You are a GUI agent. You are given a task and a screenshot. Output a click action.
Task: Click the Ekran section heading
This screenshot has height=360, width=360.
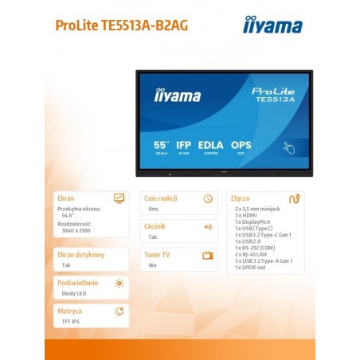click(x=67, y=198)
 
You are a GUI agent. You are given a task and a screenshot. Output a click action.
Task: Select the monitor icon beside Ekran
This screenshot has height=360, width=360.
click(x=119, y=198)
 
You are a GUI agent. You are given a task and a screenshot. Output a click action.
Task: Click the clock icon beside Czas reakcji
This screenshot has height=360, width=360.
click(x=208, y=198)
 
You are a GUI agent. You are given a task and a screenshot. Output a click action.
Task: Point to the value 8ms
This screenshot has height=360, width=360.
click(x=154, y=209)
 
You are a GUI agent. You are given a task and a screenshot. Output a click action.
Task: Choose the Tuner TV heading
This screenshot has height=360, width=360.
click(x=158, y=255)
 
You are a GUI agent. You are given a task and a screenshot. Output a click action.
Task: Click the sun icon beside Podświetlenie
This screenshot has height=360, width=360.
click(x=119, y=283)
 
